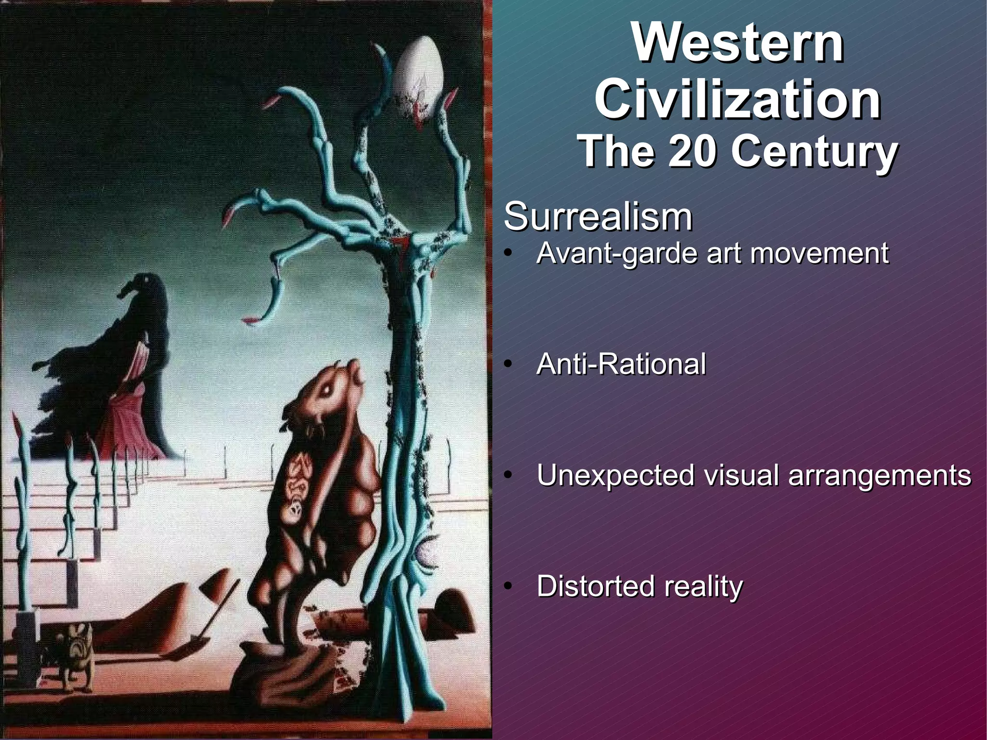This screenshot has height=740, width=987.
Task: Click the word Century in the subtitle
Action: coord(814,152)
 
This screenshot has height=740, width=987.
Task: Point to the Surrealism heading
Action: coord(598,217)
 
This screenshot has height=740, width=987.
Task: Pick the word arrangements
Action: coord(880,476)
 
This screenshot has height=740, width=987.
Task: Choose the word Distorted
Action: coord(596,587)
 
